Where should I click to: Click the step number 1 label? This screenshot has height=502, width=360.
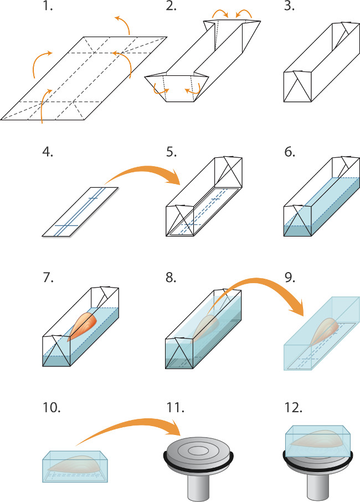tap(48, 9)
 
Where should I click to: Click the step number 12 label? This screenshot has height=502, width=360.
tap(294, 408)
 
